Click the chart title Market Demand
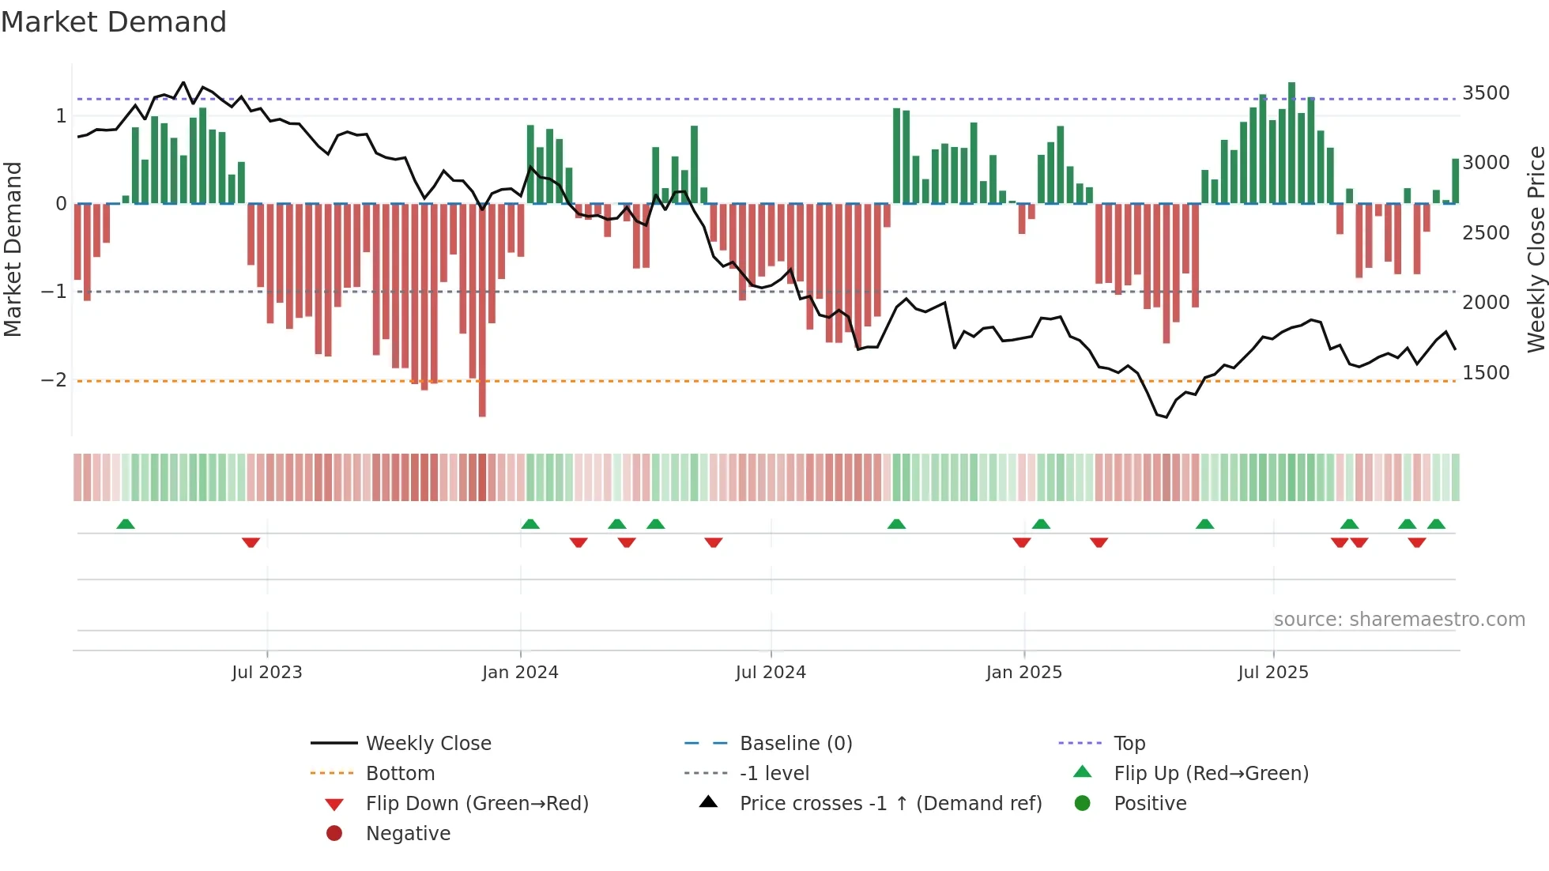tap(114, 22)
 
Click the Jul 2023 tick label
tap(267, 673)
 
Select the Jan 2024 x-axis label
tap(520, 673)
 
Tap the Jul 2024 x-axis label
tap(771, 673)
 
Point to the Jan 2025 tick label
tap(1024, 673)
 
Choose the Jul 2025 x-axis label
tap(1273, 673)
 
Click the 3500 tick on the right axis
tap(1486, 93)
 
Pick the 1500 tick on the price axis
tap(1486, 373)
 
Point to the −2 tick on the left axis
tap(54, 380)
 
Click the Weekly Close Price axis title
tap(1536, 249)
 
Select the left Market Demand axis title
tap(13, 249)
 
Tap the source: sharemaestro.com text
tap(1399, 620)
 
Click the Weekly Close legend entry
tap(428, 744)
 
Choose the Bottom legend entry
tap(400, 774)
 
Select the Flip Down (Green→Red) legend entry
tap(477, 804)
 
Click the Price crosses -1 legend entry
tap(890, 804)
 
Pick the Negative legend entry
tap(408, 834)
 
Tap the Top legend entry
tap(1129, 744)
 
